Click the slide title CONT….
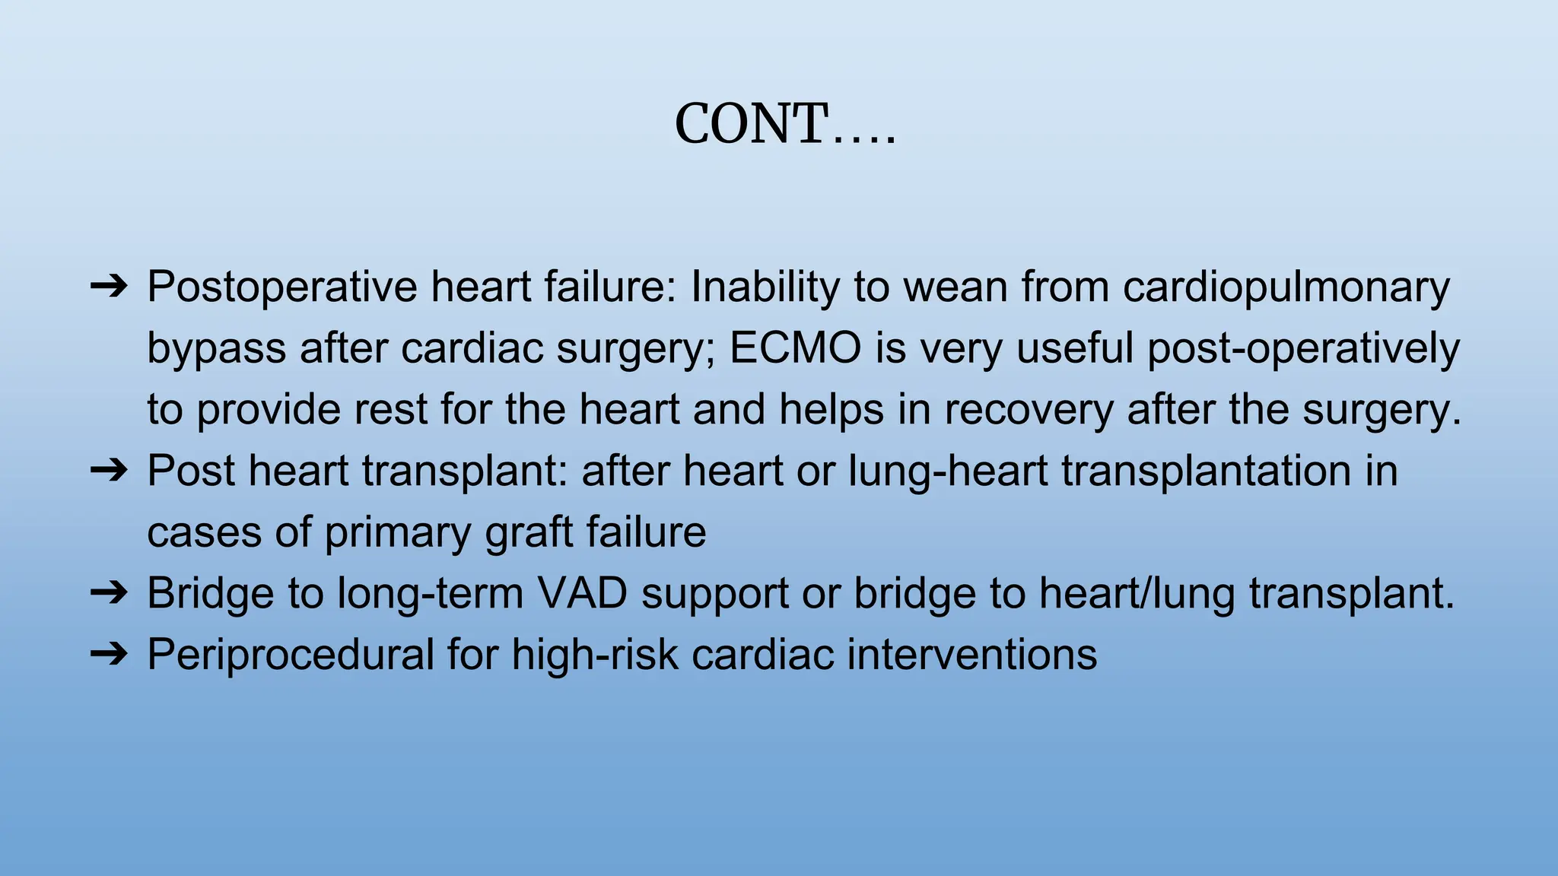coord(785,124)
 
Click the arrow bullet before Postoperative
coord(109,287)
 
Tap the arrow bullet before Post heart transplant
coord(109,471)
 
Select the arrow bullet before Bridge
coord(109,593)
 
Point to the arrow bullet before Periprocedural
coord(109,654)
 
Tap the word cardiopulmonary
coord(1286,287)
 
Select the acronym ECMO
coord(795,348)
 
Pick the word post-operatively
coord(1303,348)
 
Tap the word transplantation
coord(1206,471)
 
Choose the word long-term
coord(430,593)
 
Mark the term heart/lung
coord(1137,593)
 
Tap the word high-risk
coord(594,654)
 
